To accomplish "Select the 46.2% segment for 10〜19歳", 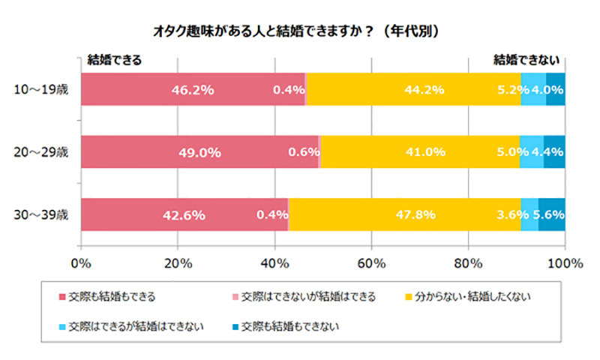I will [x=192, y=90].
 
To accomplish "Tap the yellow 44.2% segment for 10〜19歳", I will [x=413, y=90].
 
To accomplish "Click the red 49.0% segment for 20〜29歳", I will [x=199, y=151].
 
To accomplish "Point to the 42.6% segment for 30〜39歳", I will [x=184, y=214].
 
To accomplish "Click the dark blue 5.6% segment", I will [x=552, y=214].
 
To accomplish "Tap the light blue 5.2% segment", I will [x=533, y=90].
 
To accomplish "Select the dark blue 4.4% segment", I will [x=554, y=151].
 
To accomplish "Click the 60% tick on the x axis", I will [x=371, y=263].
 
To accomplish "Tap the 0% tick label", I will [x=80, y=263].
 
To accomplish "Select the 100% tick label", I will [x=565, y=263].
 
